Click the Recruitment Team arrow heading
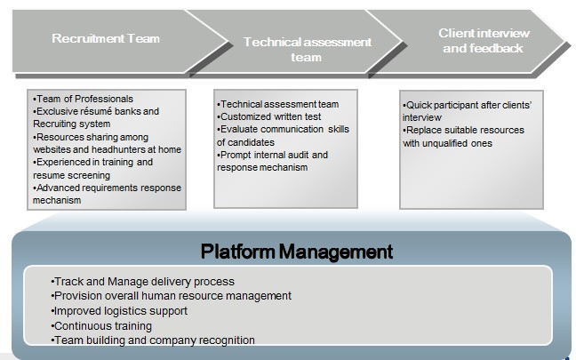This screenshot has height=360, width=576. [106, 38]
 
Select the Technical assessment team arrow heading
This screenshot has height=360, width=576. [307, 50]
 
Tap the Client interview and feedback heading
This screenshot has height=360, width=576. [484, 41]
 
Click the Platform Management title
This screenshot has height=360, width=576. [297, 252]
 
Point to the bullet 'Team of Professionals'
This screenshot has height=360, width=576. [83, 99]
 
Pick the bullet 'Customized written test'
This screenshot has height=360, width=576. [269, 116]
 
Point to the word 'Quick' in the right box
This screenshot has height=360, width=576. [420, 106]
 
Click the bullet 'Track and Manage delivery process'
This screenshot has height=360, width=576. [142, 282]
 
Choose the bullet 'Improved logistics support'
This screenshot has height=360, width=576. [119, 311]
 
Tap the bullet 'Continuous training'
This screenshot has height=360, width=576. [101, 326]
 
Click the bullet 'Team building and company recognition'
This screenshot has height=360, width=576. [153, 340]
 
